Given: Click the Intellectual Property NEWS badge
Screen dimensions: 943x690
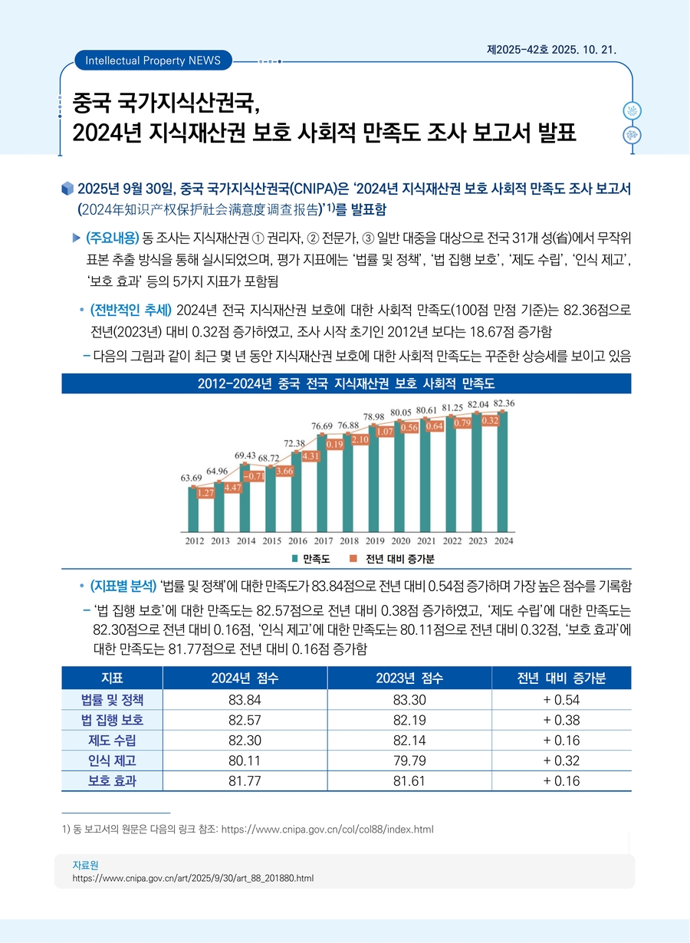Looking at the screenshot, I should click(153, 60).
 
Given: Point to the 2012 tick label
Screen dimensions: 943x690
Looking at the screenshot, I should click(194, 540).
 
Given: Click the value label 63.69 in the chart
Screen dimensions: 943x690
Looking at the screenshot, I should click(191, 478).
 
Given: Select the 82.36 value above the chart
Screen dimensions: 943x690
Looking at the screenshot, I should click(504, 403).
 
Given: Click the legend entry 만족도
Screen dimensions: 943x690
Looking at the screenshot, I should click(311, 557).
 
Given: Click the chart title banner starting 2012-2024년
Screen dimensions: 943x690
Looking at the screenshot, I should click(347, 383).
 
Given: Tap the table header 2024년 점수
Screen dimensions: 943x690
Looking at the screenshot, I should click(245, 678).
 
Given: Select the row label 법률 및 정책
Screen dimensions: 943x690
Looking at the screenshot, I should click(112, 700).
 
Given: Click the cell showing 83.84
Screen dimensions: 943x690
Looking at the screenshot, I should click(245, 700).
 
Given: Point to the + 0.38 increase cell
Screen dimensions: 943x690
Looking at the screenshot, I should click(561, 720).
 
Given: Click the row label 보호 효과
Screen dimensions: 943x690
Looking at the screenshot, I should click(112, 781).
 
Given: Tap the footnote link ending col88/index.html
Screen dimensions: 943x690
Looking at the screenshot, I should click(327, 830).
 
